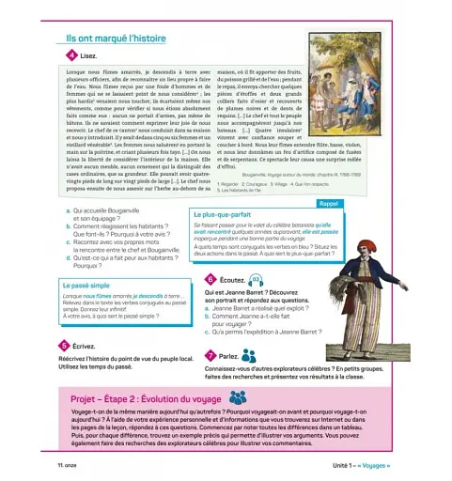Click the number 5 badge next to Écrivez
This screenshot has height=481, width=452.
coord(63,347)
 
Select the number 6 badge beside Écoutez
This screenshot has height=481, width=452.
coord(210,280)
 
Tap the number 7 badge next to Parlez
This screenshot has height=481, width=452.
coord(210,356)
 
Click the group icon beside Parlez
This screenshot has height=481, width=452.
coord(249,356)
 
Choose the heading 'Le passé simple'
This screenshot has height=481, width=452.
coord(87,285)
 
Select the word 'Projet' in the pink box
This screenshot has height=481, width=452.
coord(88,398)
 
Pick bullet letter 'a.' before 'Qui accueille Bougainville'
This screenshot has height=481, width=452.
coord(69,212)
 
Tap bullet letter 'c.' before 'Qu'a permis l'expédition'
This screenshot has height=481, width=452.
coord(209,331)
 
